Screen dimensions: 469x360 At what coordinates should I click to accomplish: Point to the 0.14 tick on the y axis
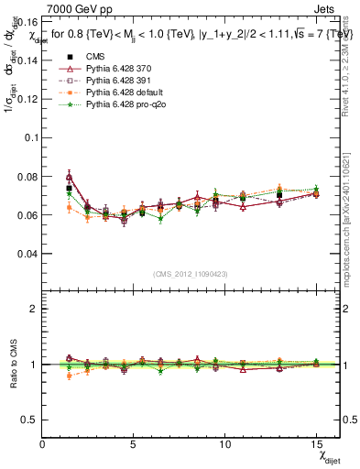pyautogui.click(x=28, y=60)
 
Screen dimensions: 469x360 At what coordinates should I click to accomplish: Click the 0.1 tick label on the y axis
pyautogui.click(x=32, y=137)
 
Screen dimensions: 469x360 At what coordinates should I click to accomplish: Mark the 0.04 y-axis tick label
pyautogui.click(x=28, y=254)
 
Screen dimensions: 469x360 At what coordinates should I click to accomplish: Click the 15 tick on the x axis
pyautogui.click(x=316, y=443)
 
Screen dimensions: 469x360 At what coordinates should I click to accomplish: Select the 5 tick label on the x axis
pyautogui.click(x=133, y=443)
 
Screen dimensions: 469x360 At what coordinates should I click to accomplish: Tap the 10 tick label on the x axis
pyautogui.click(x=224, y=443)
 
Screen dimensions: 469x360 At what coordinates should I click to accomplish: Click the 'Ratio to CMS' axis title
pyautogui.click(x=12, y=365)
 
